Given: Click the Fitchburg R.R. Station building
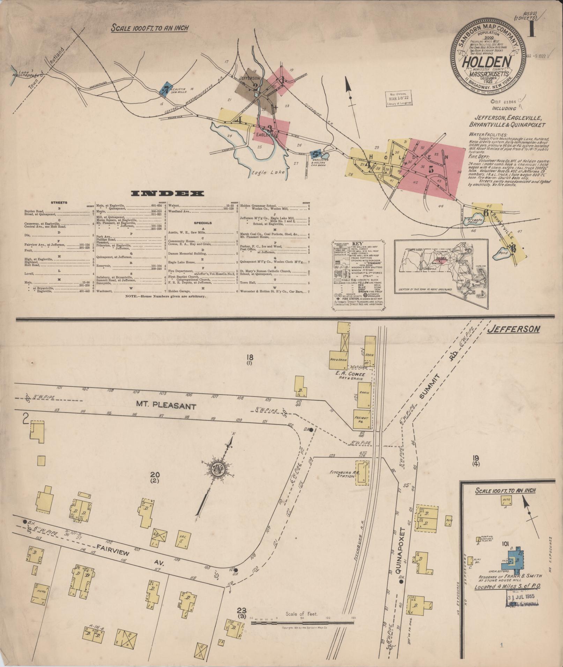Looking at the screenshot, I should click(x=362, y=473).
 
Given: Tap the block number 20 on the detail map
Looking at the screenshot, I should click(x=155, y=475).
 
